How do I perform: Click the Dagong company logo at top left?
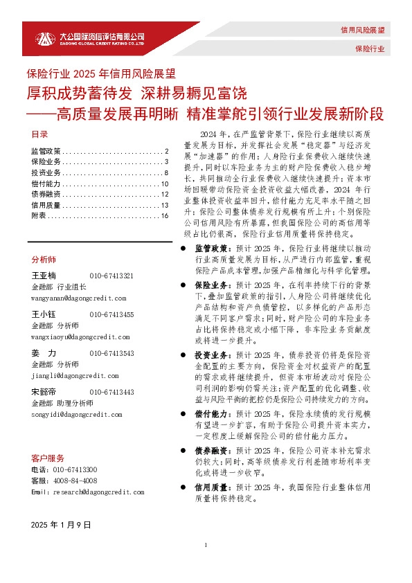[x=90, y=38]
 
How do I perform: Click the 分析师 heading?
[x=44, y=259]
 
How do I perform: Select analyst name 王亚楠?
[x=44, y=276]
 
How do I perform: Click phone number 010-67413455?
[x=111, y=314]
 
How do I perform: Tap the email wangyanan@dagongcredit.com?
[x=78, y=298]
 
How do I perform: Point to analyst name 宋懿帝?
[x=44, y=392]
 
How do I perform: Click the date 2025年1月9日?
[x=62, y=526]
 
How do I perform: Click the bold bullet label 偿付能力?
[x=211, y=412]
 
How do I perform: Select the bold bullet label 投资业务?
[x=211, y=354]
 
